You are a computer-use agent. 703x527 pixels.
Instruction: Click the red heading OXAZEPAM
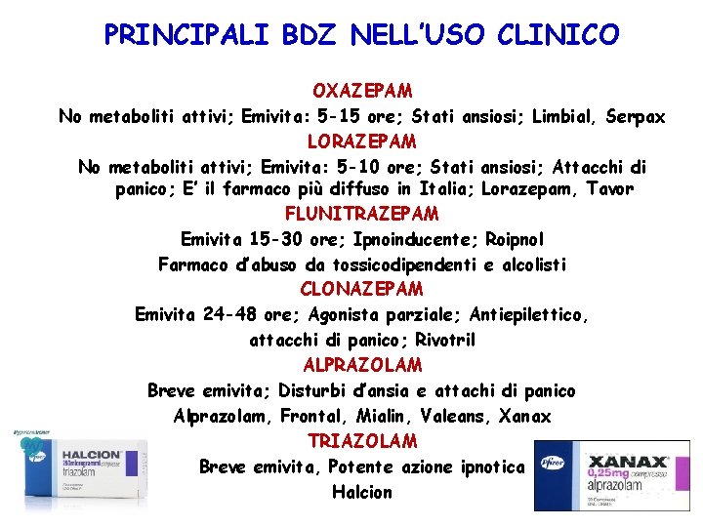(x=362, y=90)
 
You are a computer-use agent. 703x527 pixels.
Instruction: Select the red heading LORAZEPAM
(x=362, y=142)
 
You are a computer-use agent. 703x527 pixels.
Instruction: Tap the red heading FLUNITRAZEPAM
(x=362, y=213)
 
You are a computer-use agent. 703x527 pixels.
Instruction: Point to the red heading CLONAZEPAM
(x=362, y=289)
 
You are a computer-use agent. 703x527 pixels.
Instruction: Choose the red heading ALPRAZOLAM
(x=362, y=365)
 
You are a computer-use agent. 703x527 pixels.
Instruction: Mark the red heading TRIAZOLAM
(x=362, y=441)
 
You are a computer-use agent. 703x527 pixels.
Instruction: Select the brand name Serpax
(x=635, y=116)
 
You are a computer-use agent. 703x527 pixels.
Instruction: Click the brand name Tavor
(x=609, y=188)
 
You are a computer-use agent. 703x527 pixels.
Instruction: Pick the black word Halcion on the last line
(x=362, y=492)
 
